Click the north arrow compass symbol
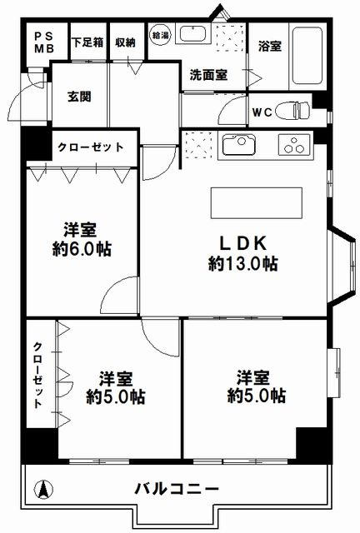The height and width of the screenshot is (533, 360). (x=43, y=490)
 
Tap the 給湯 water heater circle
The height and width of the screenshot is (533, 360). (x=160, y=35)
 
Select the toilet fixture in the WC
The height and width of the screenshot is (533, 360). (x=292, y=110)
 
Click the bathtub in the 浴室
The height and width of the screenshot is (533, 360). (x=307, y=56)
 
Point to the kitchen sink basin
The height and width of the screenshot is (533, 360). (x=239, y=145)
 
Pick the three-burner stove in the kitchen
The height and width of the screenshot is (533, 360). (x=294, y=145)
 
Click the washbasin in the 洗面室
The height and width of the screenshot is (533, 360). (x=192, y=34)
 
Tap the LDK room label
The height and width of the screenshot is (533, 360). (x=242, y=243)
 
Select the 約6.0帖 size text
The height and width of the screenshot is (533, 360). (x=82, y=249)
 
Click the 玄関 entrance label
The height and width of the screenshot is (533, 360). (x=79, y=97)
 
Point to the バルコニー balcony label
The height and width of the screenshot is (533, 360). (x=177, y=489)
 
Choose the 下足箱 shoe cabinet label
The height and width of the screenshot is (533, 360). (x=87, y=42)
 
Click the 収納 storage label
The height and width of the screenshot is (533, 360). (x=125, y=42)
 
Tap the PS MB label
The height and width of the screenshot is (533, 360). (x=44, y=42)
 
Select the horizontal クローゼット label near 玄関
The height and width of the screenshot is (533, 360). (x=91, y=147)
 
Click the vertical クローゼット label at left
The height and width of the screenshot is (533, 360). (x=37, y=375)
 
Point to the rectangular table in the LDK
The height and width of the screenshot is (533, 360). (x=256, y=203)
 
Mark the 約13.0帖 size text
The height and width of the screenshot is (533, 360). (x=243, y=263)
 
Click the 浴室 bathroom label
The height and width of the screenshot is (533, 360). (x=270, y=46)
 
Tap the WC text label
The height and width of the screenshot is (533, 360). (x=262, y=112)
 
